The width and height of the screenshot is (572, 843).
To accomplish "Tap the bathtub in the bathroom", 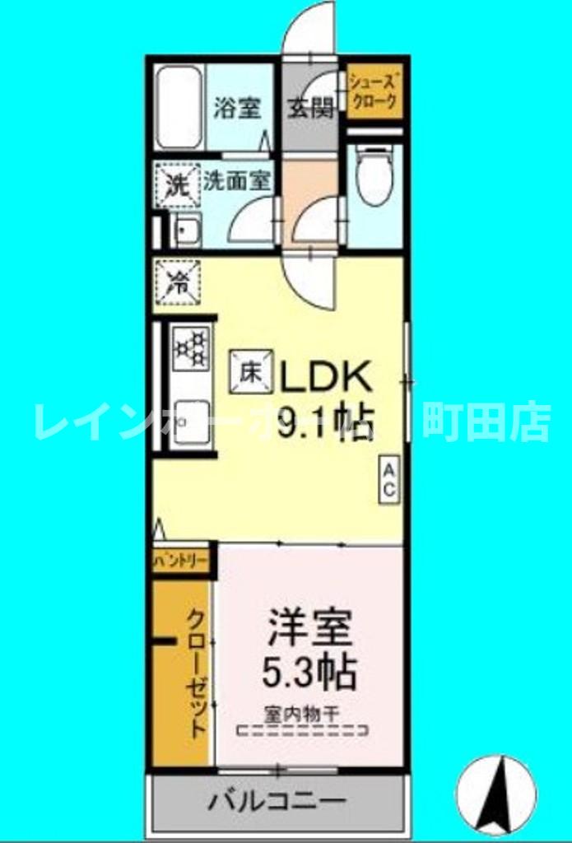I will (179, 107).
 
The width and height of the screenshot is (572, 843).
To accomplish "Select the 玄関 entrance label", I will (310, 108).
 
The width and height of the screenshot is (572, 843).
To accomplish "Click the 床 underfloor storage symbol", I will (251, 372).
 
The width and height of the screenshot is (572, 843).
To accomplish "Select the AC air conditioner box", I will (388, 478).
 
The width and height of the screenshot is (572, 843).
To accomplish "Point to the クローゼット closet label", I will (195, 673).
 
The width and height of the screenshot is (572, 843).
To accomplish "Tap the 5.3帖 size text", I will (309, 673).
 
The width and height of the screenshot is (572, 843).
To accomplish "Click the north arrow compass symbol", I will (495, 794).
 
